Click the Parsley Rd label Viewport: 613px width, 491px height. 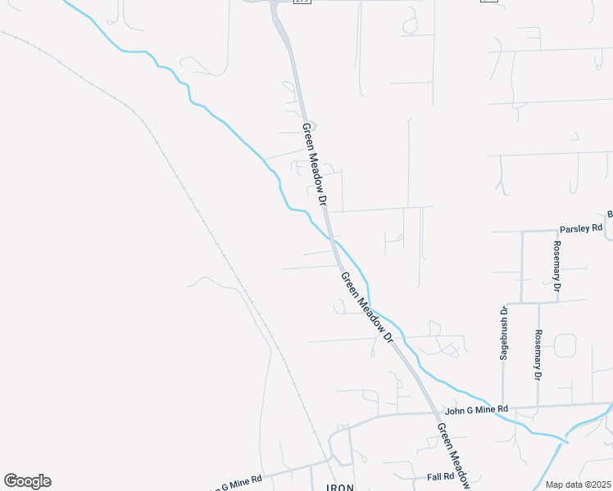pos(580,228)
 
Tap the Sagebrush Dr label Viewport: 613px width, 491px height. pos(505,333)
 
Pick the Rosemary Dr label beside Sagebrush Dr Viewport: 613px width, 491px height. pos(538,355)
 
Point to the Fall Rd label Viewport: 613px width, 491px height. pos(440,476)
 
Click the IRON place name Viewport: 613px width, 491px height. pos(339,487)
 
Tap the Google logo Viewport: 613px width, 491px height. pos(27,481)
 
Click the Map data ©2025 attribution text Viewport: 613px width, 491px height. pos(578,484)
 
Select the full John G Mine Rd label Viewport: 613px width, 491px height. pos(476,409)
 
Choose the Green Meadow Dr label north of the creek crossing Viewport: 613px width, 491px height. pos(316,164)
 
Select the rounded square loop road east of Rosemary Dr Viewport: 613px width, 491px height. pos(565,345)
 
